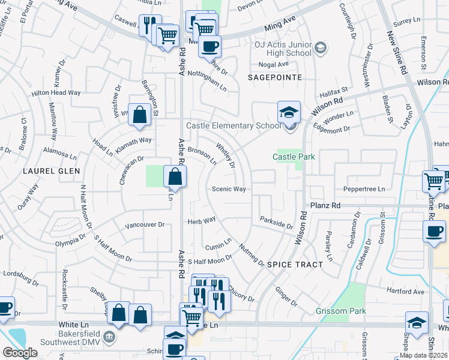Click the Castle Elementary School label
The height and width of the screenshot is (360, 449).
tap(234, 126)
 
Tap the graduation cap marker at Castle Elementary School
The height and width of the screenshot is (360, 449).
tap(288, 112)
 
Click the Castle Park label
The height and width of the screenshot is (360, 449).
tap(294, 157)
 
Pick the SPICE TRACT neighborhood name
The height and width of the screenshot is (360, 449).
tap(295, 265)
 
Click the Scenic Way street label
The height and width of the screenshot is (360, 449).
tap(229, 189)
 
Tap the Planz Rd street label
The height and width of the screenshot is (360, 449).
tap(325, 205)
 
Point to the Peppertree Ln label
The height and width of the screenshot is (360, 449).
tap(364, 189)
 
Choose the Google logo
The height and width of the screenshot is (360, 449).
tap(20, 353)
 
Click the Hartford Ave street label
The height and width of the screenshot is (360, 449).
tap(405, 292)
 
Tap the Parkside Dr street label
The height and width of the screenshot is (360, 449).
tap(276, 223)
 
